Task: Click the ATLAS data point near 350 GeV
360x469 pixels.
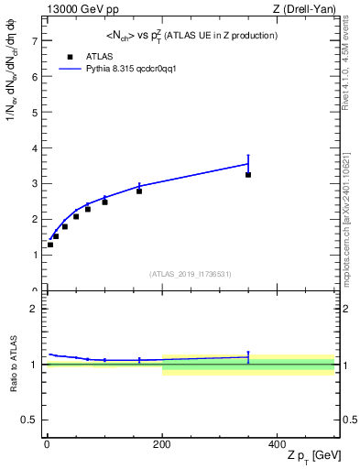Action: click(x=248, y=174)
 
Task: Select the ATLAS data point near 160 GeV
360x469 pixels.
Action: click(x=139, y=191)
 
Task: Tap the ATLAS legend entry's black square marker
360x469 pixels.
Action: click(x=70, y=56)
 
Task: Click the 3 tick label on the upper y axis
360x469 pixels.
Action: click(x=34, y=183)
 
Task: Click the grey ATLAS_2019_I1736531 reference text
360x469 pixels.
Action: click(x=191, y=274)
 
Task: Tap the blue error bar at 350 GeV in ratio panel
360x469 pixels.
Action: click(x=248, y=356)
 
